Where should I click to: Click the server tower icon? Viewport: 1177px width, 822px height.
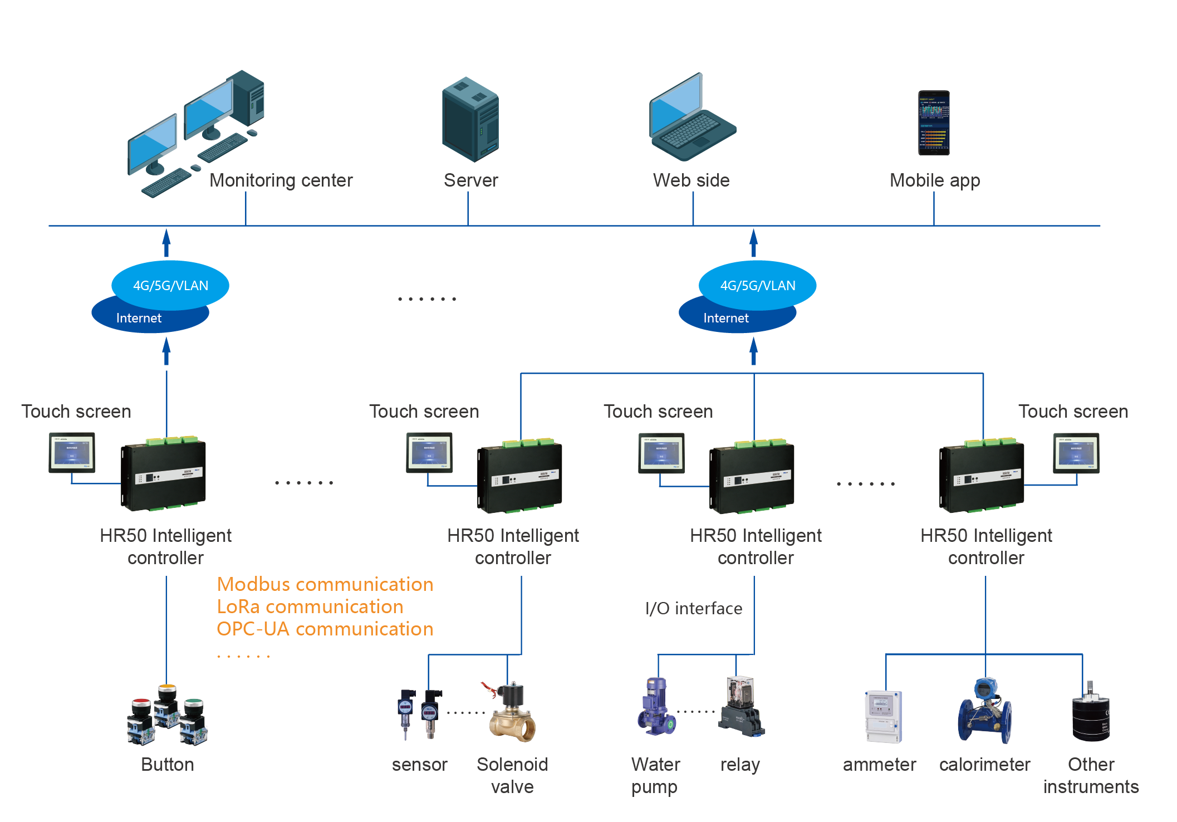(x=470, y=120)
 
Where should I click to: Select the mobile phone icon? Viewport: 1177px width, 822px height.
(x=934, y=123)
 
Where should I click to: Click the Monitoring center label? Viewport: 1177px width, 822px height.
(x=281, y=180)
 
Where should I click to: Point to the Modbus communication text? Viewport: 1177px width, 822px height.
(x=325, y=584)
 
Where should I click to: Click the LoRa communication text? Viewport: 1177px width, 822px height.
(x=310, y=606)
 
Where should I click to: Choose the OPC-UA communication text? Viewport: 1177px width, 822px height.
(x=325, y=629)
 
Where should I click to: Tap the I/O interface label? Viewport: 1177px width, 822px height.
(x=693, y=608)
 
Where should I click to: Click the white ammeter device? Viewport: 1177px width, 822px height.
(x=882, y=717)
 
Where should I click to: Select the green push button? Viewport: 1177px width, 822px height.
(x=194, y=703)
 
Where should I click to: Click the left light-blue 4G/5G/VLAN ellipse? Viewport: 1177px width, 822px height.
(x=170, y=285)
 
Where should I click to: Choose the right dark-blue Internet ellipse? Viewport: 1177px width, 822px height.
(x=727, y=319)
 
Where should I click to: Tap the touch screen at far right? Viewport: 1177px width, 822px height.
(x=1076, y=453)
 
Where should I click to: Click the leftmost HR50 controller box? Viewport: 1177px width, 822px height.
(x=164, y=474)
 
